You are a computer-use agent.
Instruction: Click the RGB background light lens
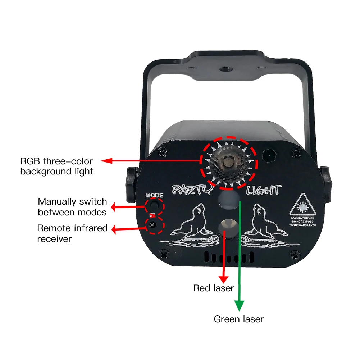click(x=229, y=162)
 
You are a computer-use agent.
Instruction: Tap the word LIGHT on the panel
click(x=263, y=190)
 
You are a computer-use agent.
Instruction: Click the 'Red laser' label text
click(x=213, y=288)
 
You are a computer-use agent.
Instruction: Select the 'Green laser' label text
click(x=238, y=319)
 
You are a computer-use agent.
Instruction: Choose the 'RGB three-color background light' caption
click(x=56, y=166)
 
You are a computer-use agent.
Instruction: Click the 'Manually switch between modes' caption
click(x=72, y=207)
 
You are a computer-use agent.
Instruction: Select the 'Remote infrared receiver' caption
click(x=72, y=233)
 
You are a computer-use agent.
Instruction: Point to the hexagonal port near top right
click(x=269, y=155)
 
